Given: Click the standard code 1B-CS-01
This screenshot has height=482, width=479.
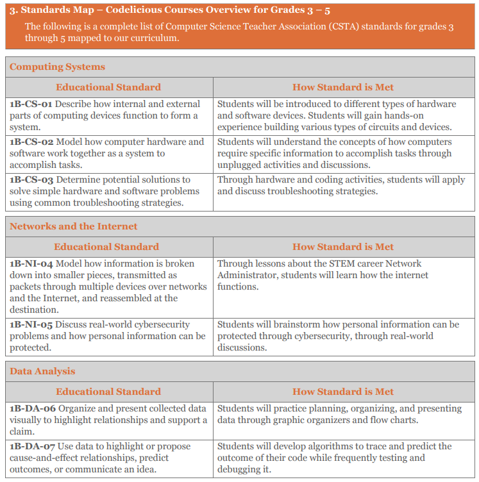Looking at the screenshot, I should click(x=31, y=104).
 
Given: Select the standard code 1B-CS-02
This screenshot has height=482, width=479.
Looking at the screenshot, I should click(x=31, y=142).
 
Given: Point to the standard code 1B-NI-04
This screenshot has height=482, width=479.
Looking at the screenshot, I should click(x=31, y=263).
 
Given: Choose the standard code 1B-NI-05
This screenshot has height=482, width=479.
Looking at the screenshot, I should click(x=31, y=324).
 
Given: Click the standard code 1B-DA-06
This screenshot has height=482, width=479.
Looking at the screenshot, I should click(x=33, y=408).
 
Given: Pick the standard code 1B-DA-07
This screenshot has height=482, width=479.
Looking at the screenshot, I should click(x=33, y=446).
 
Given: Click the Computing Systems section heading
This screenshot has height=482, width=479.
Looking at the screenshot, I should click(x=57, y=67).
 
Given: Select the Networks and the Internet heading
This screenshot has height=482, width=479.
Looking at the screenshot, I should click(x=73, y=226).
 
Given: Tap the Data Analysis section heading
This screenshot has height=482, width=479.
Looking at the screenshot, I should click(x=42, y=371).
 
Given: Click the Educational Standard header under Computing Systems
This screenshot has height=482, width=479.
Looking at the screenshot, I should click(x=108, y=87).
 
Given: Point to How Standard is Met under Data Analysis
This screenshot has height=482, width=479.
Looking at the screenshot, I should click(x=343, y=392).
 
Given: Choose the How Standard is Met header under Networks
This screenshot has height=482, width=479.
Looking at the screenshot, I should click(x=343, y=247).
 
